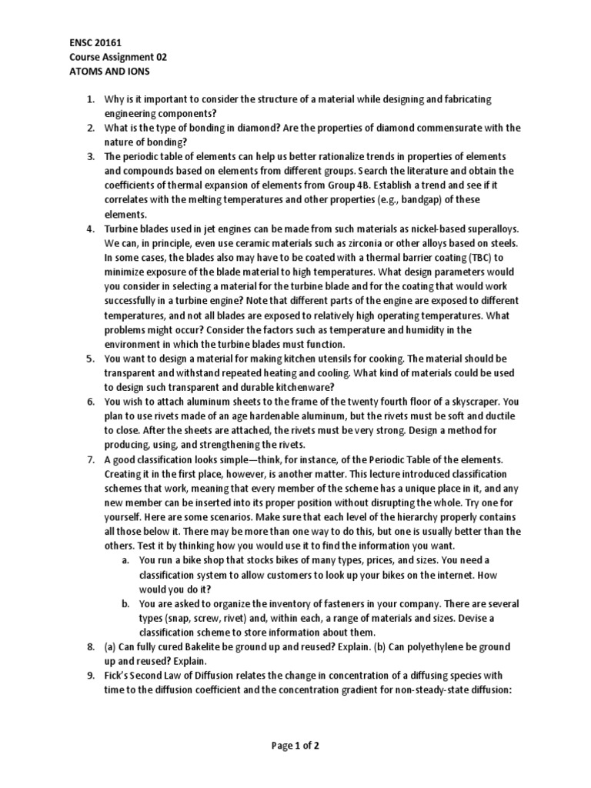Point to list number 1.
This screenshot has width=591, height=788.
pyautogui.click(x=90, y=100)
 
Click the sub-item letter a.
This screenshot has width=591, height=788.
pyautogui.click(x=125, y=559)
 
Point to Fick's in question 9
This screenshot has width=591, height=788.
pyautogui.click(x=119, y=675)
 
